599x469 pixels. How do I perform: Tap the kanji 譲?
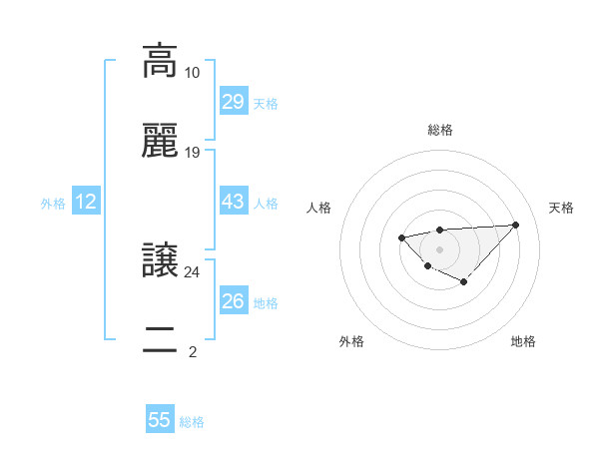pos(160,259)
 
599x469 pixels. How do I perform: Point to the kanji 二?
pos(160,340)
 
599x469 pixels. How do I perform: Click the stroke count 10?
pos(192,73)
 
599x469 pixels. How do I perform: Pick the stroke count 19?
pos(192,153)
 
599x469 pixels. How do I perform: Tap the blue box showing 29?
pos(233,101)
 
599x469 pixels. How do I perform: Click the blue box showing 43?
pos(233,202)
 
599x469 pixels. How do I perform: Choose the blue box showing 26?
pos(233,300)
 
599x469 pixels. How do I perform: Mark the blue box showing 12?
pos(86,202)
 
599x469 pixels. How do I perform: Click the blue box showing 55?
pos(160,420)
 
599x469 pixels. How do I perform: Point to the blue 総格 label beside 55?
pos(192,422)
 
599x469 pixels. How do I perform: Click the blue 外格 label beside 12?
pos(53,204)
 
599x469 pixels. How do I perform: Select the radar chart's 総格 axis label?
pos(440,130)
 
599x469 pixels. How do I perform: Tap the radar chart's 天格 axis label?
pos(561,208)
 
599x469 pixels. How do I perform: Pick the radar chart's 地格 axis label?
pos(523,341)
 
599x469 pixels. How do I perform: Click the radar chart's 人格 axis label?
pos(319,208)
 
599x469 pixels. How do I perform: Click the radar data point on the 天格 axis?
pos(515,225)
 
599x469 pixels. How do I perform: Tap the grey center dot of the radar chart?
pos(439,248)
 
